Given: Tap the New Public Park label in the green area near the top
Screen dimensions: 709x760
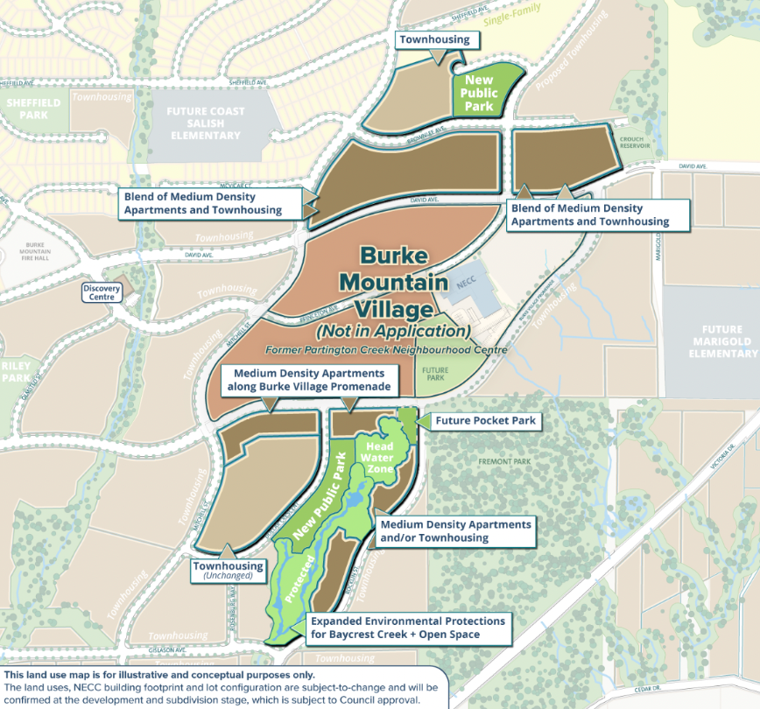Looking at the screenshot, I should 481,93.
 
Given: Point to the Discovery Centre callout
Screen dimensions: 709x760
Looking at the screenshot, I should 100,292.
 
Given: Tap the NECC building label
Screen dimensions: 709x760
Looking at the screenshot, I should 464,285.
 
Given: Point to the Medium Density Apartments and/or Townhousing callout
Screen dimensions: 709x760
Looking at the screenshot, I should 454,530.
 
